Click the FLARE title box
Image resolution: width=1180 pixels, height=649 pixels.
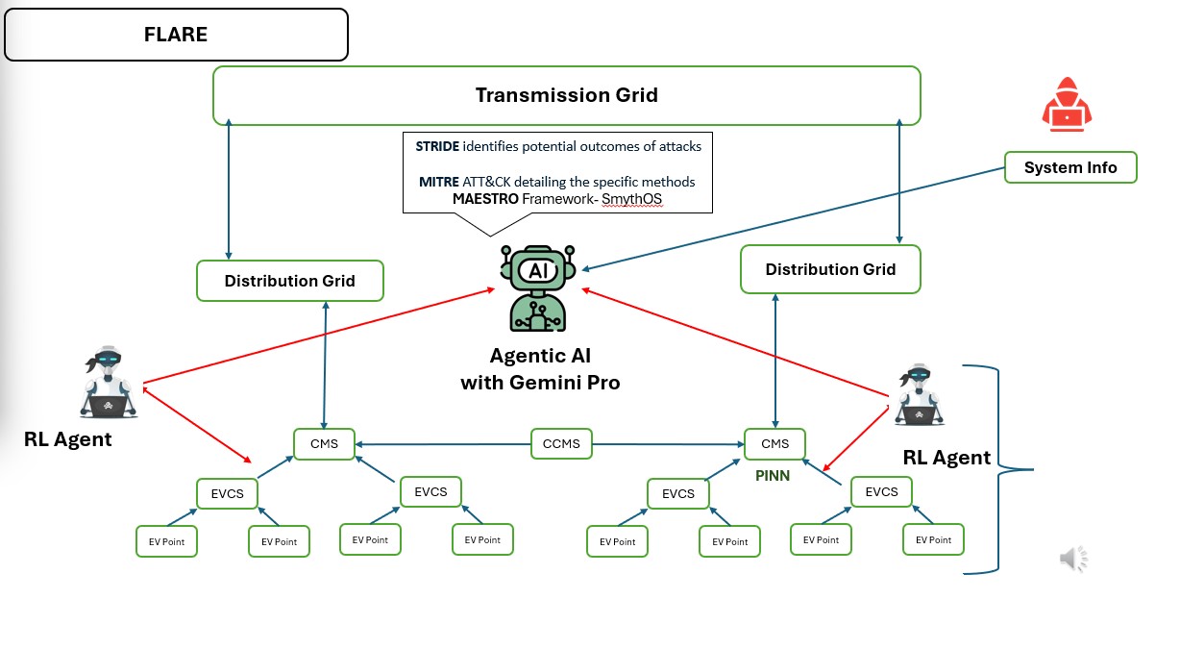tap(176, 35)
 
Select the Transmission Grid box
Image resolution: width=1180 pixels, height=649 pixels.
tap(566, 95)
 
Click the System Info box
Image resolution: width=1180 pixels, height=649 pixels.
tap(1069, 167)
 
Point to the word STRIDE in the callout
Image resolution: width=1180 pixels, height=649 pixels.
tap(437, 147)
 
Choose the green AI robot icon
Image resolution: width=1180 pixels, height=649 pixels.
tap(535, 287)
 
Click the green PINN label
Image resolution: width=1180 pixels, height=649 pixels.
tap(772, 475)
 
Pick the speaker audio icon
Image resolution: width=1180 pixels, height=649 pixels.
tap(1073, 558)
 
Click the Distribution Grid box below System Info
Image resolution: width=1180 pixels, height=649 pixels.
tap(830, 269)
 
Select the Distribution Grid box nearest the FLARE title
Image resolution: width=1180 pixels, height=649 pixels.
tap(289, 281)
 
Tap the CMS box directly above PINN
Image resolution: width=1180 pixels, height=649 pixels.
tap(774, 443)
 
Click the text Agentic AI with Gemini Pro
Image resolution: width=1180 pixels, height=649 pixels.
tap(540, 369)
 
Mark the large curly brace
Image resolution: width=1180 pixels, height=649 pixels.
tap(999, 469)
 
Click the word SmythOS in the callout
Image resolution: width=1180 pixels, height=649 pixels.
tap(631, 199)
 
